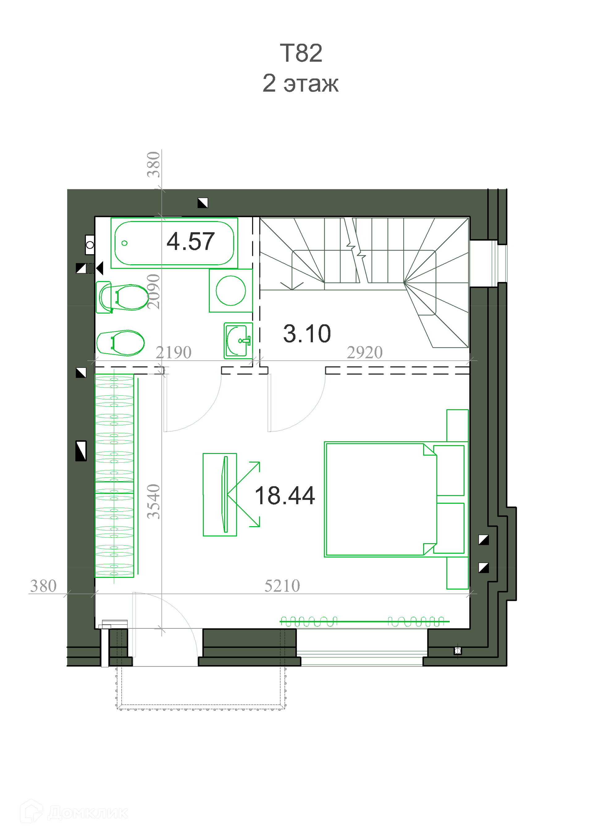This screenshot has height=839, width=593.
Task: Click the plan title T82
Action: tap(301, 53)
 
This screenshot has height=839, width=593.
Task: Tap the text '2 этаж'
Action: tap(301, 83)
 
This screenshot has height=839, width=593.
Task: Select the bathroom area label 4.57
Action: tap(191, 241)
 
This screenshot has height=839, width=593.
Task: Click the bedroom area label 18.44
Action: tap(285, 496)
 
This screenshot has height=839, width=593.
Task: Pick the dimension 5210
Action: tap(282, 586)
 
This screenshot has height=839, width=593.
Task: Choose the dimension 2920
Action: tap(364, 353)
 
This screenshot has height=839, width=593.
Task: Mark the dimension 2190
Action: tap(174, 353)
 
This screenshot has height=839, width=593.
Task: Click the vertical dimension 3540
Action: tap(154, 501)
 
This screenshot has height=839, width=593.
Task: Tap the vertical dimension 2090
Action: tap(154, 291)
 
